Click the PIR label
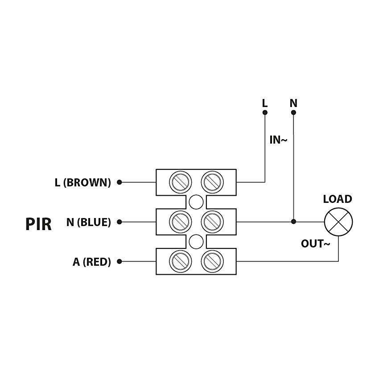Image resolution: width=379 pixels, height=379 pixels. pyautogui.click(x=38, y=224)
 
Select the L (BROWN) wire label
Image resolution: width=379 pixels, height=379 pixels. pyautogui.click(x=82, y=182)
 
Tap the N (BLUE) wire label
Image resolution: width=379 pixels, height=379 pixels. pyautogui.click(x=88, y=222)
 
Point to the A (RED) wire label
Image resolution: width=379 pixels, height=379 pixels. pyautogui.click(x=91, y=262)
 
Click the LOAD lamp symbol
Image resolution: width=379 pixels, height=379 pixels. pyautogui.click(x=338, y=222)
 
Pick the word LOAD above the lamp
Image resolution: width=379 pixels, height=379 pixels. pyautogui.click(x=338, y=199)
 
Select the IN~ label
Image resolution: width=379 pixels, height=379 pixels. pyautogui.click(x=278, y=140)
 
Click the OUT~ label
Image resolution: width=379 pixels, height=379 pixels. pyautogui.click(x=315, y=244)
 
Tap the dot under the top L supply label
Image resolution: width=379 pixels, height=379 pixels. pyautogui.click(x=265, y=112)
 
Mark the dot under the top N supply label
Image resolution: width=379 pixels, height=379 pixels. pyautogui.click(x=293, y=112)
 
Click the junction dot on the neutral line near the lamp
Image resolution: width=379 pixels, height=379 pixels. pyautogui.click(x=293, y=222)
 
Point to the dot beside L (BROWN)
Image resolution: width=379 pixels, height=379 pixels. pyautogui.click(x=119, y=182)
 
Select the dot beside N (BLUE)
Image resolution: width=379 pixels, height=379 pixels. pyautogui.click(x=119, y=222)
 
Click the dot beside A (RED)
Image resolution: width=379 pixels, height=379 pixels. pyautogui.click(x=119, y=261)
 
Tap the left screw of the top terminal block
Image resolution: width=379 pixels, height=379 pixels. pyautogui.click(x=181, y=182)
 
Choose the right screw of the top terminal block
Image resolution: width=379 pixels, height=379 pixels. pyautogui.click(x=212, y=182)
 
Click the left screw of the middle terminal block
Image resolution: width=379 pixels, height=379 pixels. pyautogui.click(x=181, y=222)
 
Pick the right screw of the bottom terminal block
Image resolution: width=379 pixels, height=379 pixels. pyautogui.click(x=212, y=261)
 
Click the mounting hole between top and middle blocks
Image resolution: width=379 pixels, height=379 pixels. pyautogui.click(x=196, y=202)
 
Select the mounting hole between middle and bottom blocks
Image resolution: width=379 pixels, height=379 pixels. pyautogui.click(x=196, y=242)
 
